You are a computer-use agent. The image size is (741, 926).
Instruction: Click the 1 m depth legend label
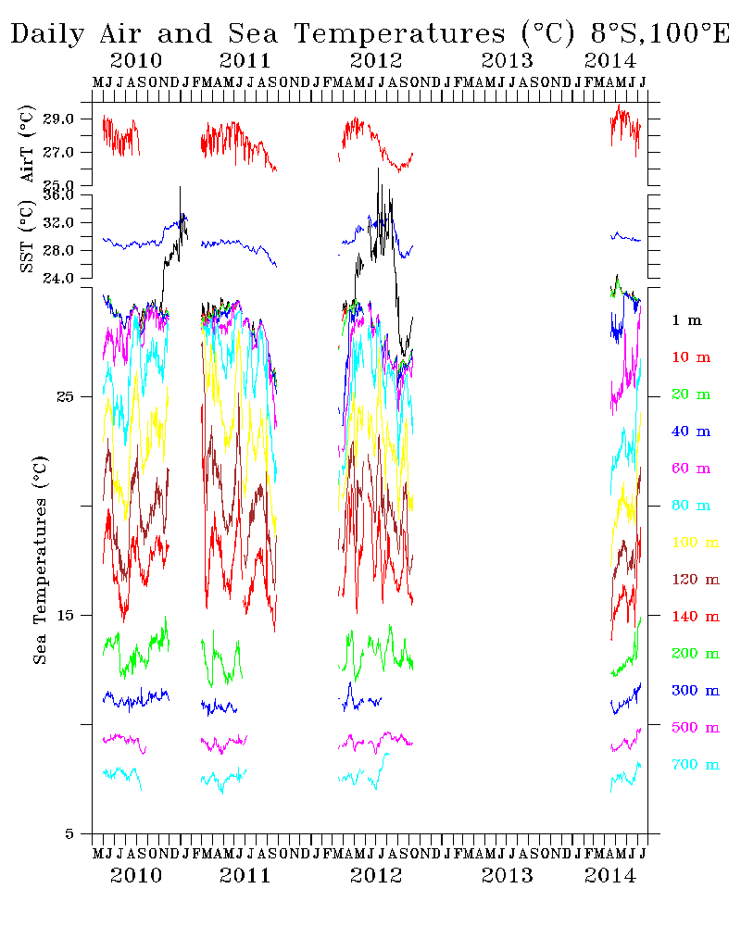point(686,320)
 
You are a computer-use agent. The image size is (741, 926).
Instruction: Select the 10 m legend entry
point(690,357)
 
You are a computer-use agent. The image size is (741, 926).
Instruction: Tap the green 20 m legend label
point(690,394)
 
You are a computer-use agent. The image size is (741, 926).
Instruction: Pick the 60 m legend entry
point(690,469)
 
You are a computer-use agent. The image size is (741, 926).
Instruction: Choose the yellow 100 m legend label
point(694,543)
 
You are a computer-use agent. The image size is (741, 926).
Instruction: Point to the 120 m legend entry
point(694,580)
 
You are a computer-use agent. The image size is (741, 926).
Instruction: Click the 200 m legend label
point(694,654)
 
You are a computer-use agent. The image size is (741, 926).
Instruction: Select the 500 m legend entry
point(694,728)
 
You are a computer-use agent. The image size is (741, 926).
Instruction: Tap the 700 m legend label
point(694,765)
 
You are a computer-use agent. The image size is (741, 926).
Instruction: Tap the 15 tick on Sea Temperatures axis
point(75,615)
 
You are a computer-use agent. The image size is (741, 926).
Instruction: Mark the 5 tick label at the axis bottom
point(81,833)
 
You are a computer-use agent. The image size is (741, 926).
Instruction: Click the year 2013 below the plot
point(508,875)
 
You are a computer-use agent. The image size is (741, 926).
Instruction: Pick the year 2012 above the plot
point(376,61)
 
